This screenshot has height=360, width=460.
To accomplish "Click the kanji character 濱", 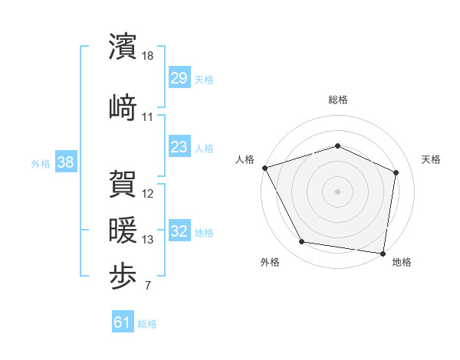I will [124, 47].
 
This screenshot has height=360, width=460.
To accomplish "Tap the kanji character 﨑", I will [124, 106].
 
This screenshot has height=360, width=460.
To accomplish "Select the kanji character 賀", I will [124, 184].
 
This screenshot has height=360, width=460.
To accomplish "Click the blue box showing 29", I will [179, 79].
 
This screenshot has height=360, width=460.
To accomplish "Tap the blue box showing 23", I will [179, 147].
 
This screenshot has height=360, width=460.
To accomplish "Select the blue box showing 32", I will [179, 231].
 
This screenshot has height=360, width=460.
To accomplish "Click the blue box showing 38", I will [65, 162].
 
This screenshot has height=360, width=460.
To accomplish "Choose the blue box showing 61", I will [122, 323].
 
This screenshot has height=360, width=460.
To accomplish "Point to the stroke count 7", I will [148, 286].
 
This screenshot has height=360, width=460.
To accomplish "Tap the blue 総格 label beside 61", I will [147, 324].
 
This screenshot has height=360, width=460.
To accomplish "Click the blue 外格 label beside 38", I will [41, 163].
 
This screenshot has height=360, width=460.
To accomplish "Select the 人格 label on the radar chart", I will [245, 159].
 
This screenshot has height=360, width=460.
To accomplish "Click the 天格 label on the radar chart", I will [431, 159].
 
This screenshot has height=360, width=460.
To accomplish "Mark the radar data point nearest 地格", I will [383, 253].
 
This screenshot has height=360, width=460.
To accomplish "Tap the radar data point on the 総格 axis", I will [337, 146].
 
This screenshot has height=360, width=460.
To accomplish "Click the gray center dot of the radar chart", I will [337, 191].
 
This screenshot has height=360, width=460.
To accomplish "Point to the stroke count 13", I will [148, 240].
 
